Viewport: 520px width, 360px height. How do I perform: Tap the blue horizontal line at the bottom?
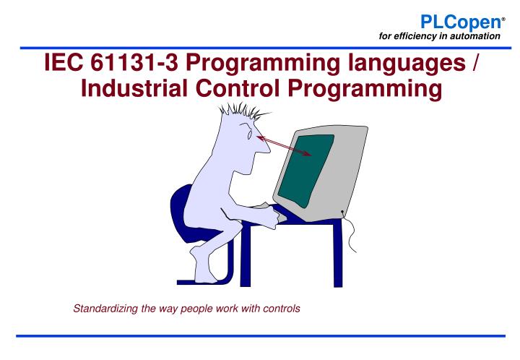coord(259,335)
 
